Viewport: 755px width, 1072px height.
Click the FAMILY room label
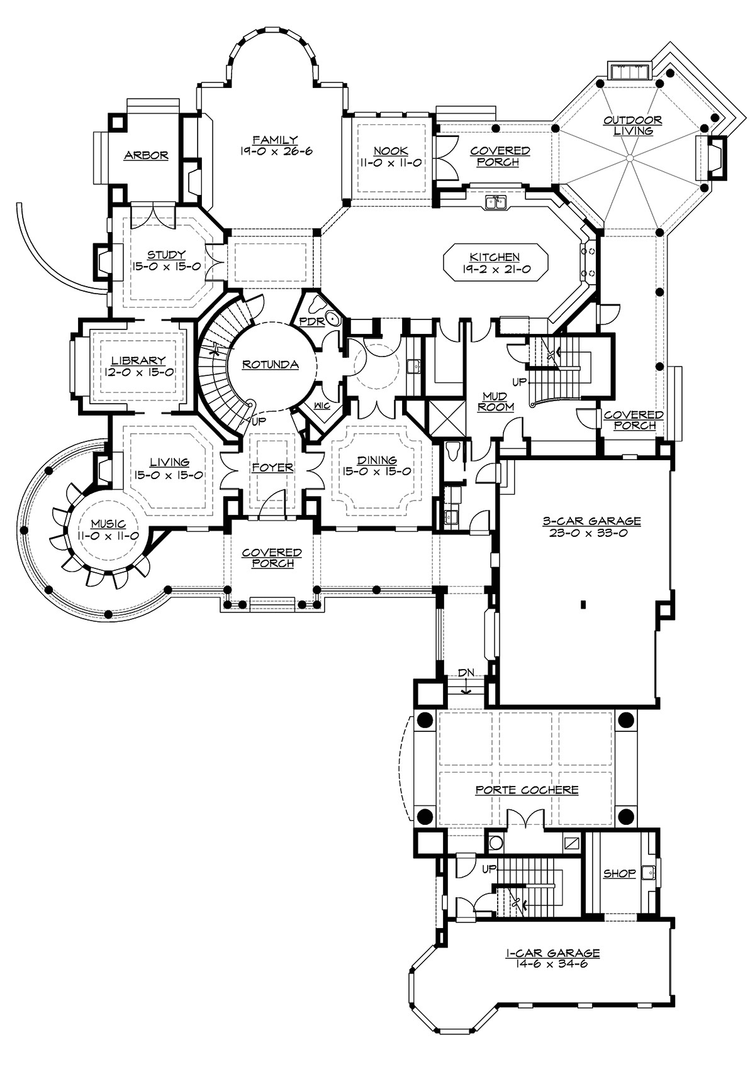click(275, 139)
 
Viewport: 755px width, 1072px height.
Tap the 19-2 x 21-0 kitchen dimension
click(495, 269)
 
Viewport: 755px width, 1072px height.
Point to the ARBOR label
click(146, 155)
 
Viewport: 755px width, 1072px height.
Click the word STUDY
click(166, 255)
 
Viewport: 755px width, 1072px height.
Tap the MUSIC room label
click(108, 524)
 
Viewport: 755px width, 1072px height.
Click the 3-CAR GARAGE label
click(591, 521)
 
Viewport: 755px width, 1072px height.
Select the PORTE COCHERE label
click(527, 790)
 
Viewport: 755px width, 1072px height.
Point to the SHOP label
click(619, 873)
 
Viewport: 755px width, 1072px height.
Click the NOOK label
click(390, 151)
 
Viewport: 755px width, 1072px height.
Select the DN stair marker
click(466, 672)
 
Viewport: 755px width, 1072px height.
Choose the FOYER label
click(272, 467)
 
